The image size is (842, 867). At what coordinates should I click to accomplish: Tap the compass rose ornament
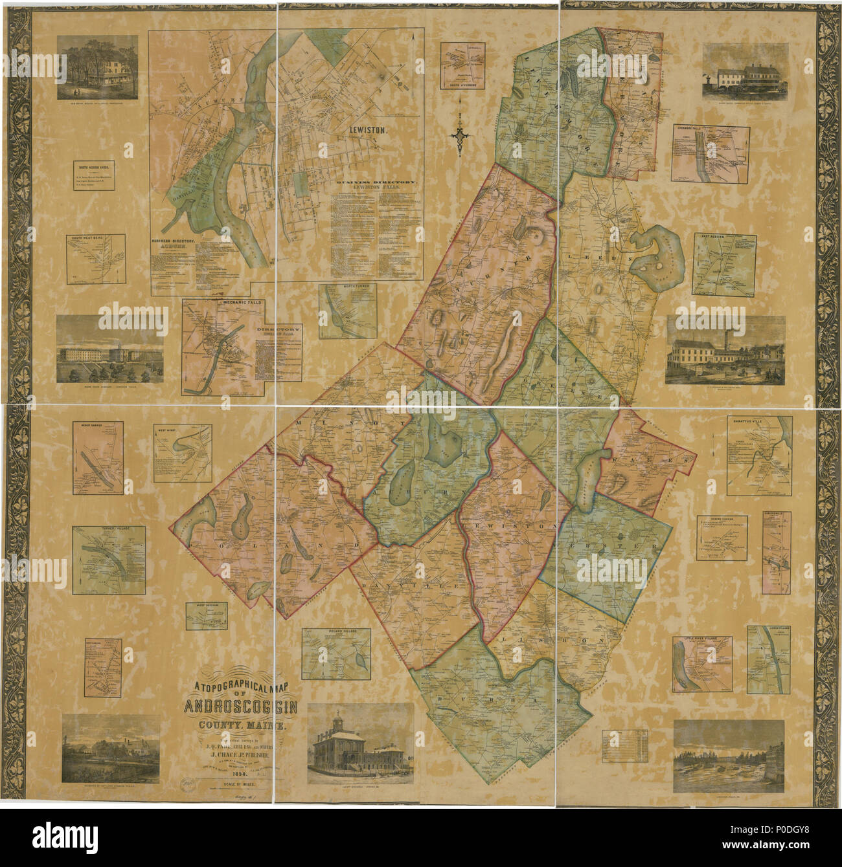point(459,135)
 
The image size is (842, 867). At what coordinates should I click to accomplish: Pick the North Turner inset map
point(348,311)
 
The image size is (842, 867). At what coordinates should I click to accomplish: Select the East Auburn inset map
point(724,264)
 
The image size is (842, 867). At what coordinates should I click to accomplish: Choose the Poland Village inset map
point(336,653)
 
